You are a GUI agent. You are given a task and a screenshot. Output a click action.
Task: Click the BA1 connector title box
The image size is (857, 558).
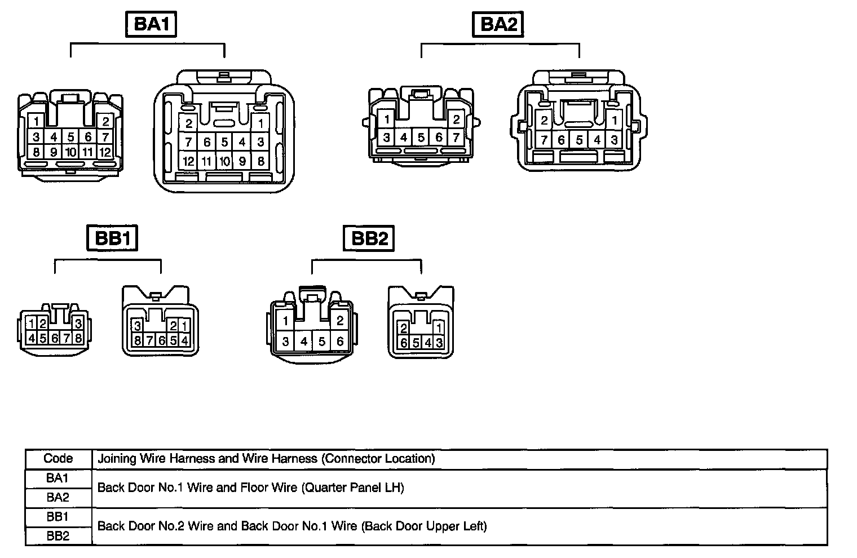[151, 25]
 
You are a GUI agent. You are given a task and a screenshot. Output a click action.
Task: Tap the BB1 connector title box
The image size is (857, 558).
[113, 238]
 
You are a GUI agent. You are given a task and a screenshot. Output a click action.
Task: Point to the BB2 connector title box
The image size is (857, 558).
[369, 238]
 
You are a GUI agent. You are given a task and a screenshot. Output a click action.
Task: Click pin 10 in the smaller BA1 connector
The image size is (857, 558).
[70, 152]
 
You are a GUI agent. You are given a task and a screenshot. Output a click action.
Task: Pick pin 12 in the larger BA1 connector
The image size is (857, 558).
[188, 161]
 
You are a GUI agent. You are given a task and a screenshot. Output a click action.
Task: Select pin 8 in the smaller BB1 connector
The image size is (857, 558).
[78, 338]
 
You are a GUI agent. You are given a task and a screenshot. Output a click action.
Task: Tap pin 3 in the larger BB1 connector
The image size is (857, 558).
[137, 325]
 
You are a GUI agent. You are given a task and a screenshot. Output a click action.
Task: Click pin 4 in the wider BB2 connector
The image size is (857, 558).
[304, 342]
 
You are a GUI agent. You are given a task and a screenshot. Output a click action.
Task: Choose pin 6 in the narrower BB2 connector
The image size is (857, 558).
[404, 342]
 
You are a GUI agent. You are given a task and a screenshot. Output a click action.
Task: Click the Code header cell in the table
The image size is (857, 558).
[58, 458]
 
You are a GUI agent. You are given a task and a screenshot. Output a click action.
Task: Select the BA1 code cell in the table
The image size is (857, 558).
[58, 478]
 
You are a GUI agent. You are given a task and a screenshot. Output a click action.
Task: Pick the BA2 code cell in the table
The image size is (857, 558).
[58, 497]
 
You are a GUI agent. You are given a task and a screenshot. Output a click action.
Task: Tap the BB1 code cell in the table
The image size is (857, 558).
[58, 516]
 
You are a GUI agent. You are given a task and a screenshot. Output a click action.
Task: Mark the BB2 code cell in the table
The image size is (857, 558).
[58, 535]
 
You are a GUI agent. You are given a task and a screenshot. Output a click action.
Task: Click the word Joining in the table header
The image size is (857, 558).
[117, 458]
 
